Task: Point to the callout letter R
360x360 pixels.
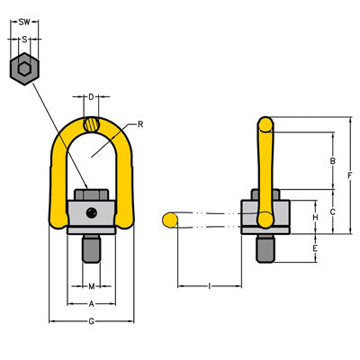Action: pos(139,121)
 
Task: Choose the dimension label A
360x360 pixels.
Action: pos(90,304)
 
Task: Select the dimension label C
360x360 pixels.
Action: pos(332,211)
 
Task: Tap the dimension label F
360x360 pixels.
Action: pos(349,175)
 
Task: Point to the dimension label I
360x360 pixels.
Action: pos(209,286)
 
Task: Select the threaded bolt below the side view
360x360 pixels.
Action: pos(264,249)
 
